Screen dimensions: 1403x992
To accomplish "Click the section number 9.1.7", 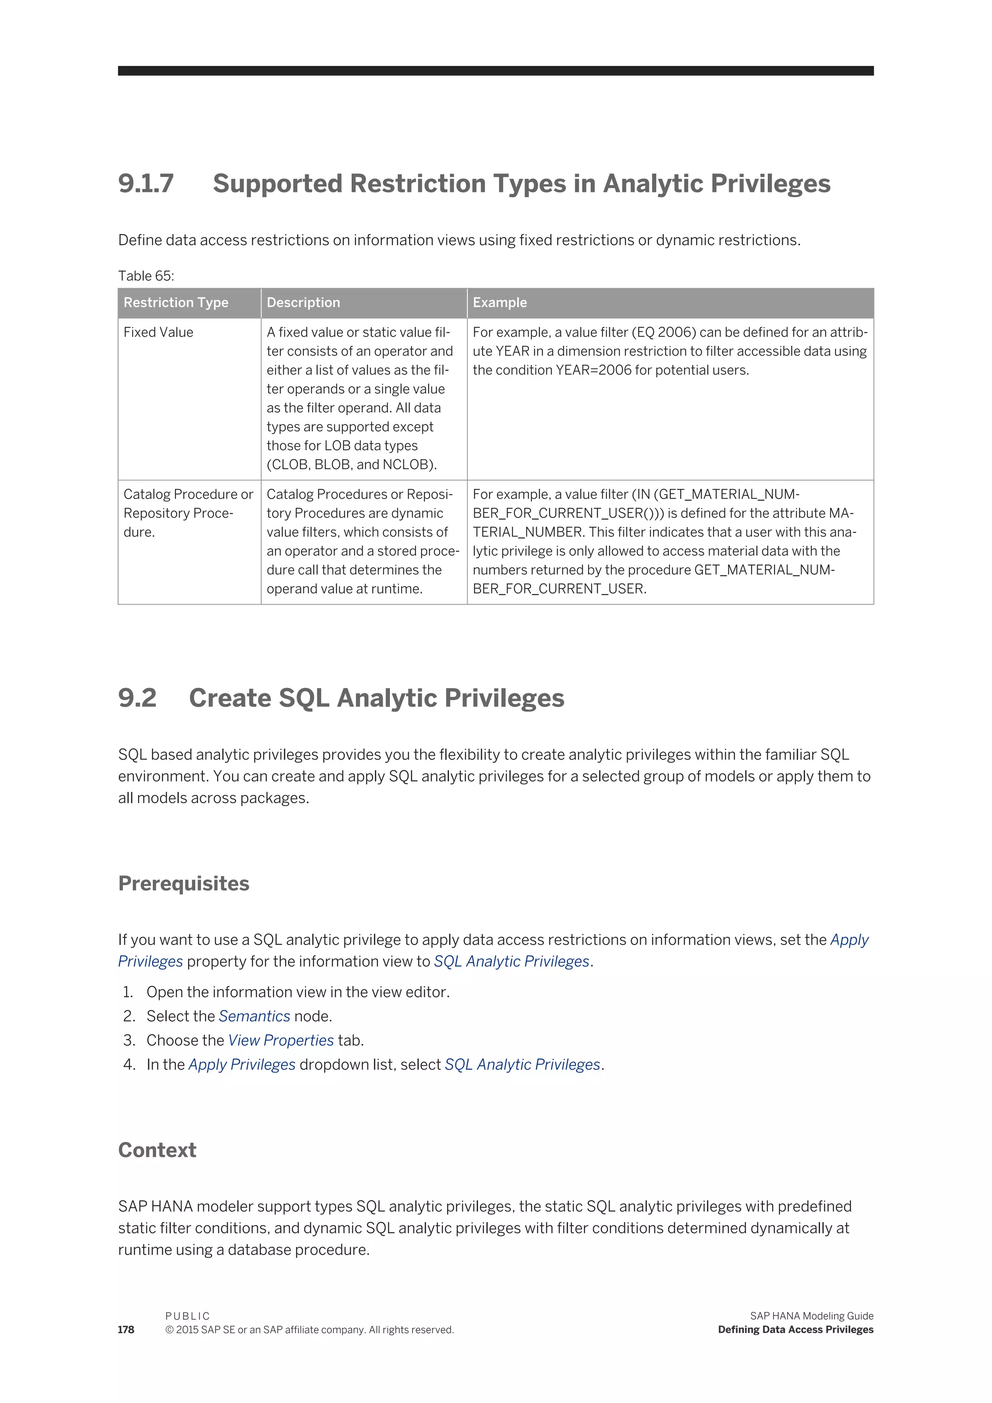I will [146, 184].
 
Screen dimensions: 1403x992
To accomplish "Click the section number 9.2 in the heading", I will [138, 698].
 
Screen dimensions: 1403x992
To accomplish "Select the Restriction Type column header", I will [176, 302].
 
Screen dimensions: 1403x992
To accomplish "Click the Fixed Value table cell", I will [158, 332].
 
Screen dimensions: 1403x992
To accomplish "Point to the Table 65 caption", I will [146, 276].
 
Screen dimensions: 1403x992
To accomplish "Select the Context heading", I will [157, 1150].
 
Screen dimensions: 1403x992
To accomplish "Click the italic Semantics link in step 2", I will [254, 1016].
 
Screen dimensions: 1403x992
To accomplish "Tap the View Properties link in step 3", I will [281, 1041].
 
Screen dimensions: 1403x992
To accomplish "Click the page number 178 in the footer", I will [126, 1330].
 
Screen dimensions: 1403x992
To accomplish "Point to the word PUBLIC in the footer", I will [187, 1316].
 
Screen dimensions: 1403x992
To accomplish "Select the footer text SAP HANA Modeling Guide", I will [811, 1316].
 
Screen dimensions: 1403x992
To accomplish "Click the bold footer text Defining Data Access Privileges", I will [795, 1330].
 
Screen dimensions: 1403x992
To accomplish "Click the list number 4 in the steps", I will [129, 1064].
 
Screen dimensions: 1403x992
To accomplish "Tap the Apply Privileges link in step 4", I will [242, 1064].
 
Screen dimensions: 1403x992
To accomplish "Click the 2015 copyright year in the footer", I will [187, 1330].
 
